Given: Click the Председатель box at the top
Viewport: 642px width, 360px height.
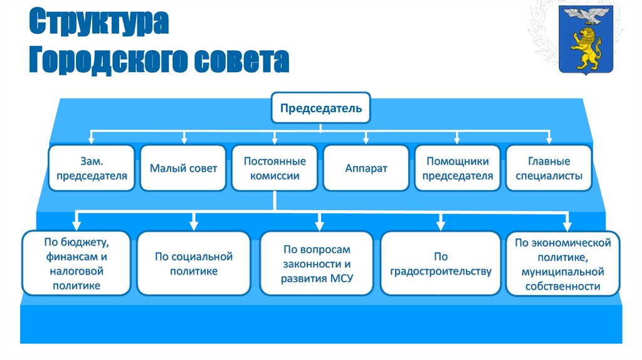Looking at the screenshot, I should tap(320, 108).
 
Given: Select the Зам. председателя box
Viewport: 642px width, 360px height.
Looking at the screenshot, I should tap(92, 168).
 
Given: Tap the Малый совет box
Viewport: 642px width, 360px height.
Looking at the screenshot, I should tap(183, 168).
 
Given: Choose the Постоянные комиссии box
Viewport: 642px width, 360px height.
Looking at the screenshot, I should tap(275, 168).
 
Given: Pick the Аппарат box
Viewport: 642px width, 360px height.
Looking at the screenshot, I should tap(366, 168).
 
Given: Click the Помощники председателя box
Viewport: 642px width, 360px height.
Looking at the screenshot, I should tap(457, 168).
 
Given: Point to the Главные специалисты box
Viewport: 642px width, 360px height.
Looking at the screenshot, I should tap(549, 168).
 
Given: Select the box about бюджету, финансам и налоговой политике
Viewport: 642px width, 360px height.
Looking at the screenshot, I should tap(76, 263).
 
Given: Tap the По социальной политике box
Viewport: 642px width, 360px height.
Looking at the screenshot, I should tap(194, 263).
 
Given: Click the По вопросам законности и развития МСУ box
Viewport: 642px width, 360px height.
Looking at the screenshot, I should tap(318, 263).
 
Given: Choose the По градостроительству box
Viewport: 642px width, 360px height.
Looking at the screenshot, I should tap(440, 263).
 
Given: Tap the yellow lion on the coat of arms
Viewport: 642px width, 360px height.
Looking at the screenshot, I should tap(586, 48).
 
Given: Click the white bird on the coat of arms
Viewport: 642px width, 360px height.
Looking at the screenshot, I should tap(586, 14).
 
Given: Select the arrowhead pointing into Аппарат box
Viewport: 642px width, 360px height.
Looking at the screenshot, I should tap(366, 139).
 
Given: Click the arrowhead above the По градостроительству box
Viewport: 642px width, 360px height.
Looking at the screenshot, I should tap(440, 224).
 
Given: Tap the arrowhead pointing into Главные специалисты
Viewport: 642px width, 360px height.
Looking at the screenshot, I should tap(549, 139).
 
